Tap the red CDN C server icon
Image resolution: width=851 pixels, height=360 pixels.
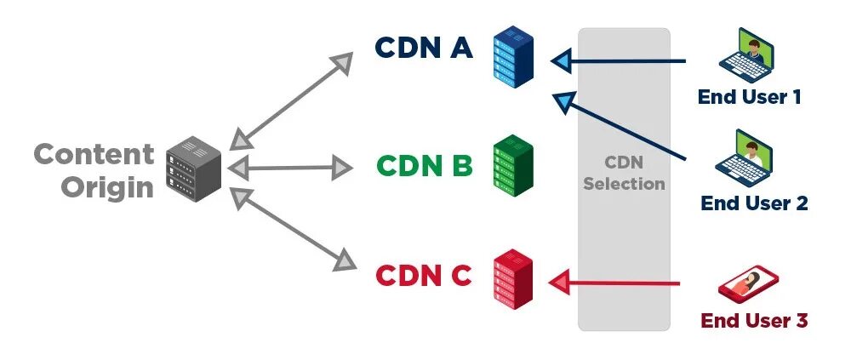pyautogui.click(x=512, y=277)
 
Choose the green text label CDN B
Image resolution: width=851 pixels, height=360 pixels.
pyautogui.click(x=424, y=165)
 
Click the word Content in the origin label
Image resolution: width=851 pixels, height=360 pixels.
pyautogui.click(x=94, y=154)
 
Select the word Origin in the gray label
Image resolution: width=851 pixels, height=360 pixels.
pyautogui.click(x=106, y=186)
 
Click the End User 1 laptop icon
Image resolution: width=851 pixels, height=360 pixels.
pyautogui.click(x=745, y=54)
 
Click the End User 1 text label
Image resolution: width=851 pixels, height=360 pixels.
pyautogui.click(x=749, y=96)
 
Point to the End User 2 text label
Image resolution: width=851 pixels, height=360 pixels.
pyautogui.click(x=753, y=203)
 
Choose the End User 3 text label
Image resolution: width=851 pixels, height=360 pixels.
pyautogui.click(x=753, y=321)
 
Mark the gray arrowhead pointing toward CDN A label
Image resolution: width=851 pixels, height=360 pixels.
pyautogui.click(x=342, y=61)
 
